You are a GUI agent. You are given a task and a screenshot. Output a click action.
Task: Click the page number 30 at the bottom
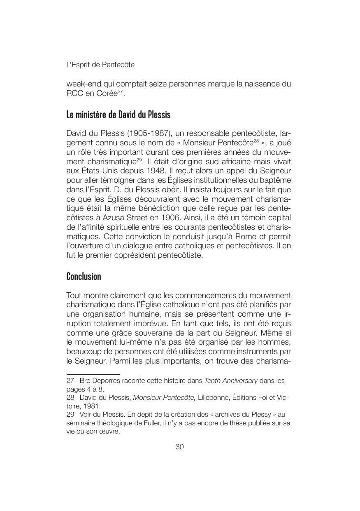point(179,447)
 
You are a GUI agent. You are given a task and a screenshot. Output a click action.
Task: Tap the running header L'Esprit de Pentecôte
point(100,65)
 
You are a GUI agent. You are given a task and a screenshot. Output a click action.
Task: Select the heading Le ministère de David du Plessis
point(118,114)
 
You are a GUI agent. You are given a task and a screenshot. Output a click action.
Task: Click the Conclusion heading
point(84,276)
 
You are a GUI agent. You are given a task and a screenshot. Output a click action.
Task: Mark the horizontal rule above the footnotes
point(87,374)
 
